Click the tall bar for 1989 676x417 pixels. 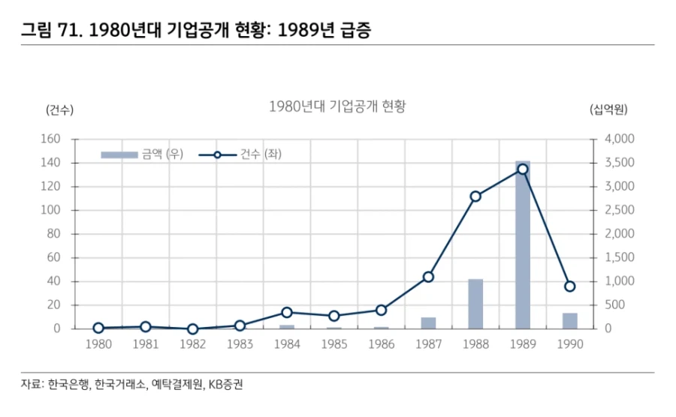(522, 247)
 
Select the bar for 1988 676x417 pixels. (475, 304)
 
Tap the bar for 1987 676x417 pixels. (428, 323)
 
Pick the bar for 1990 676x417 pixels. (569, 321)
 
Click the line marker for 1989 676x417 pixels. (523, 169)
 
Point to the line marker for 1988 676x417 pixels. (475, 196)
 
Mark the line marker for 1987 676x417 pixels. (428, 277)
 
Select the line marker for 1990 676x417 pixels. (569, 286)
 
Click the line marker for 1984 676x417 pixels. (287, 312)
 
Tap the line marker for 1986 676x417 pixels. (381, 310)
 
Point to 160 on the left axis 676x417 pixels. (50, 139)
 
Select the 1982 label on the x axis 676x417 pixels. (192, 344)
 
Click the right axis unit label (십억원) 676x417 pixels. (609, 109)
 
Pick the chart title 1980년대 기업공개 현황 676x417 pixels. (336, 106)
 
